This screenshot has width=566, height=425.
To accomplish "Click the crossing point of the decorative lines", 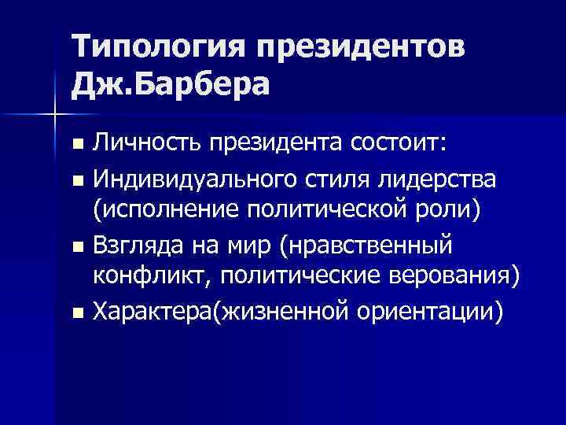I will tap(54, 116).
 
